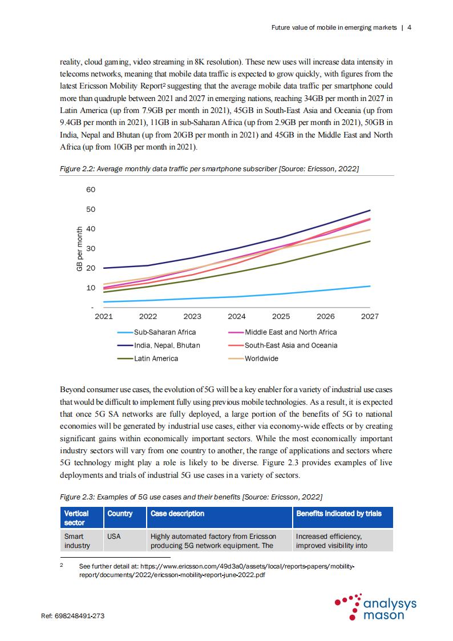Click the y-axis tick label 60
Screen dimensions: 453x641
point(91,190)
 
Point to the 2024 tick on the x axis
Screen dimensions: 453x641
point(237,316)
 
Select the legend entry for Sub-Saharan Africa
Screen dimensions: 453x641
point(156,332)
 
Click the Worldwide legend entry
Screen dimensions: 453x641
point(253,358)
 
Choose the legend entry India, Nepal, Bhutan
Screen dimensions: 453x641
point(159,345)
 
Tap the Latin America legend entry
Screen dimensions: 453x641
point(147,358)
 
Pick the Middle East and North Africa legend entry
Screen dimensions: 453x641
point(282,332)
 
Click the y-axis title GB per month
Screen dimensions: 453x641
point(79,249)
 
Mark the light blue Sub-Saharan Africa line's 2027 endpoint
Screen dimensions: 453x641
point(370,286)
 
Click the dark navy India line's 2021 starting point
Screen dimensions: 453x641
point(104,268)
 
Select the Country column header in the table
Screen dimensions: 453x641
point(120,514)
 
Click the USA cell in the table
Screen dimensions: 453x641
point(114,537)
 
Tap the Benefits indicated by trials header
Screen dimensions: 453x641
point(339,514)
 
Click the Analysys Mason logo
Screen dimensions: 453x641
point(375,607)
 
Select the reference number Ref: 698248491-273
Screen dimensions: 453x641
point(72,616)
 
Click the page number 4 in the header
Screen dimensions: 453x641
point(409,27)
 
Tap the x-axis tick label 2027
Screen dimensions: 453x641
point(370,316)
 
